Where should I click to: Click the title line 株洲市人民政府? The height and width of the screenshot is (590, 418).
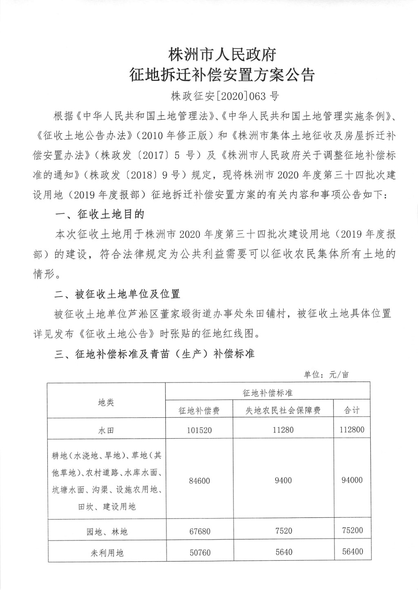[x=222, y=54]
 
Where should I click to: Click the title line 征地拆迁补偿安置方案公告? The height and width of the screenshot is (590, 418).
[x=222, y=75]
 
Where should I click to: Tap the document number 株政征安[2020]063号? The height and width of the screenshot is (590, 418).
[x=225, y=96]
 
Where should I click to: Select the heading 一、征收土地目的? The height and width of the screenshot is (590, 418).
[x=99, y=214]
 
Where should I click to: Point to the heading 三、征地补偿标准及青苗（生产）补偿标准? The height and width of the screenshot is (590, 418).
[x=155, y=354]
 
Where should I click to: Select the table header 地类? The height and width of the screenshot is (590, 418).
[x=106, y=402]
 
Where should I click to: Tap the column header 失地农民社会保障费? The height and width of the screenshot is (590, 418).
[x=283, y=410]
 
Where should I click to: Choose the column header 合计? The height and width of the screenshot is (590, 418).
[x=352, y=410]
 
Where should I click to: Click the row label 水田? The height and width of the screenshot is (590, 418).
[x=106, y=430]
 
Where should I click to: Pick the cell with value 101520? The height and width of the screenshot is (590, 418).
[x=199, y=430]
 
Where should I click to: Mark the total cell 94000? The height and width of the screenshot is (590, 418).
[x=352, y=480]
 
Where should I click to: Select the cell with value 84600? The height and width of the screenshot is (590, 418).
[x=199, y=481]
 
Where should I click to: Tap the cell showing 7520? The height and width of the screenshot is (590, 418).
[x=283, y=530]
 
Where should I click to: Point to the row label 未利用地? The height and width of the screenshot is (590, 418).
[x=107, y=553]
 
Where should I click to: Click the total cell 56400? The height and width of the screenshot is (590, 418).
[x=352, y=552]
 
